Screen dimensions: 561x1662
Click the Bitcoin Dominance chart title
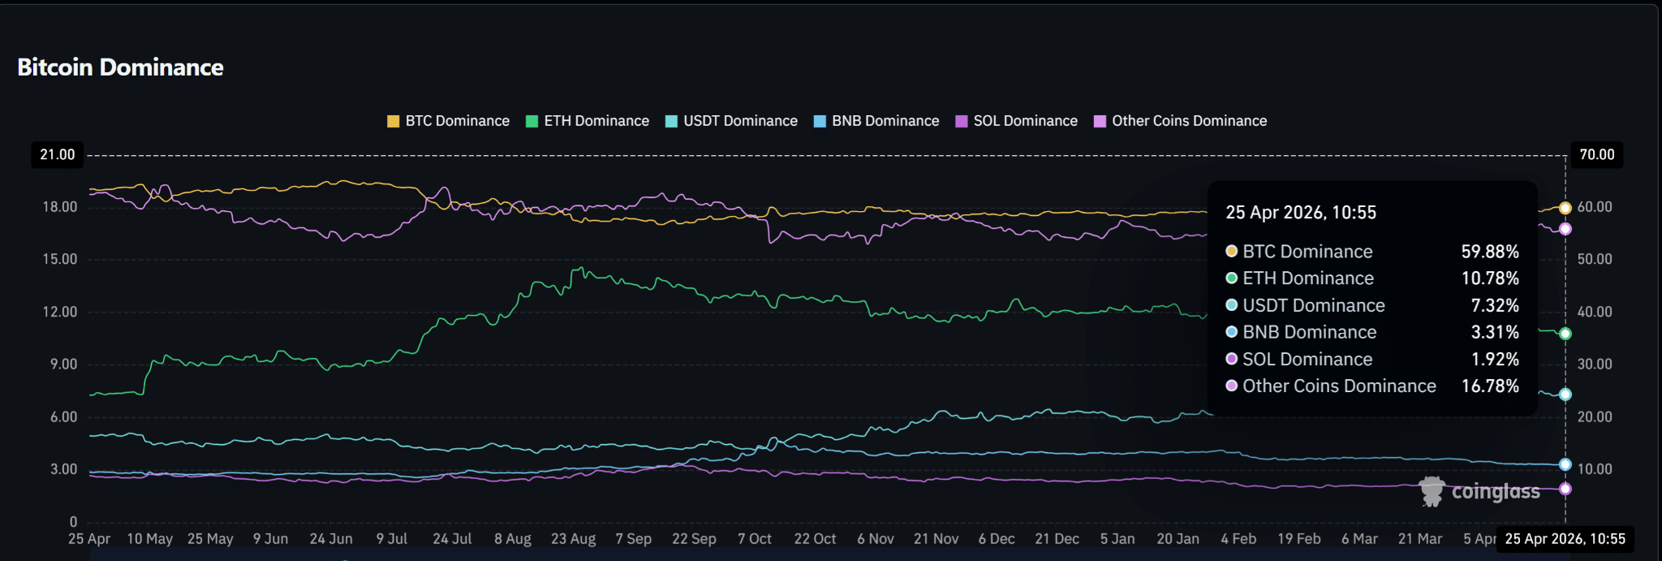coord(120,67)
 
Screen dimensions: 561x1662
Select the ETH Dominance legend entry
coord(588,121)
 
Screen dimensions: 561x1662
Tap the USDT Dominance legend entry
coord(731,121)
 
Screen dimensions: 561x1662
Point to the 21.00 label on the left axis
coord(58,154)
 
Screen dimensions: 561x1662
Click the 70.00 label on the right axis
coord(1596,154)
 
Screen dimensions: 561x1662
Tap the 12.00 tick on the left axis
coord(60,312)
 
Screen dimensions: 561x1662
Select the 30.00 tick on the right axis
coord(1594,365)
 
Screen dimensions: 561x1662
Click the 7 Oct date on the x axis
coord(754,539)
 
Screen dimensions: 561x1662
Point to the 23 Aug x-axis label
coord(573,539)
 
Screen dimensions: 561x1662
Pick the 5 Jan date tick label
coord(1117,539)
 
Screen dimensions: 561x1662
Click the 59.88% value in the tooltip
coord(1489,252)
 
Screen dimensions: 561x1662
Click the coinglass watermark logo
coord(1479,492)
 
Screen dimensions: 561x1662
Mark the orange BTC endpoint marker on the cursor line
coord(1565,208)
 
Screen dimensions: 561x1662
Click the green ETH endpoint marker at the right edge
coord(1565,334)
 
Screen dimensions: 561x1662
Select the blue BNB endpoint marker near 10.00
coord(1565,465)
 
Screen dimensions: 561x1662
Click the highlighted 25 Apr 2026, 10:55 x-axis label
coord(1565,539)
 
